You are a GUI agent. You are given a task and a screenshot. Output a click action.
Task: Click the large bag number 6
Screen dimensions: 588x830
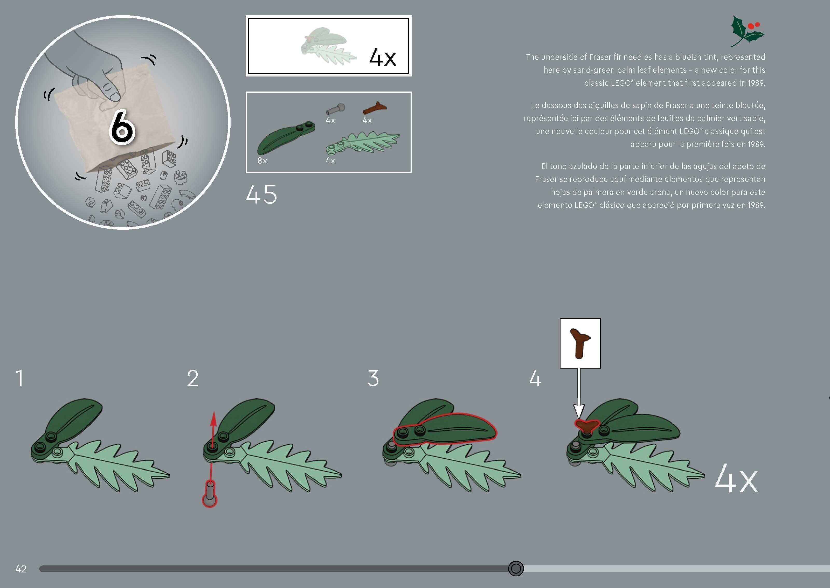coord(122,128)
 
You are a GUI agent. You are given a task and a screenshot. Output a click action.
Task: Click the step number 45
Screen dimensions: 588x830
coord(261,194)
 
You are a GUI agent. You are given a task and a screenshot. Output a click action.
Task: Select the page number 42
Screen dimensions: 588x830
coord(21,569)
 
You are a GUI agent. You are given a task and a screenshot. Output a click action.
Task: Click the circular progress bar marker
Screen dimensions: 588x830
coord(516,569)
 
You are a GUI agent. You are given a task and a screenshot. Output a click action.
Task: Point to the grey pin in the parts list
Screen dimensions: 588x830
coord(335,109)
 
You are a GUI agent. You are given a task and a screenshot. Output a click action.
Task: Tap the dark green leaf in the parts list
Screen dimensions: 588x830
coord(284,138)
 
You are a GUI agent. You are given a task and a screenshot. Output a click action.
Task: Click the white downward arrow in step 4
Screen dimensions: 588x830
coord(579,395)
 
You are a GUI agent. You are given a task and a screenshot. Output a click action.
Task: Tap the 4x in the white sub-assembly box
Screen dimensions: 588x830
coord(382,57)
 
